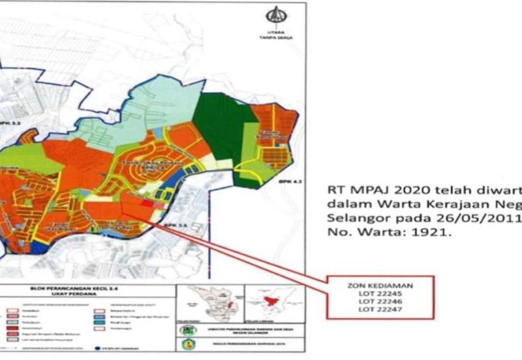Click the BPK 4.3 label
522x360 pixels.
(285, 181)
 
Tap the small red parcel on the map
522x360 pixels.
(149, 204)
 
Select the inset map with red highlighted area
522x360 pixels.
(271, 304)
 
